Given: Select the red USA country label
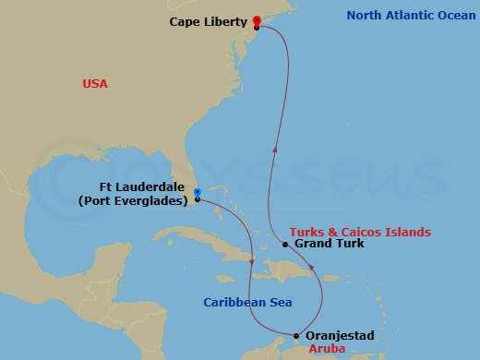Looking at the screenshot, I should pos(95,84).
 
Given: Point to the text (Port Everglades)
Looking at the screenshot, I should pos(134,200).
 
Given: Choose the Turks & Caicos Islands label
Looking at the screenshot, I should pos(359,231).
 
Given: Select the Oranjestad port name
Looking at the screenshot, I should pos(339,336).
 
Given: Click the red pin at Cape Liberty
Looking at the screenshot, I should pos(256,20).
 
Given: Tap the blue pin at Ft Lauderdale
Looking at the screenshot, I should pos(198,192).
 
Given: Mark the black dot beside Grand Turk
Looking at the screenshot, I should pos(286,245).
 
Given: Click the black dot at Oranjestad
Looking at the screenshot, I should pos(295,336).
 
